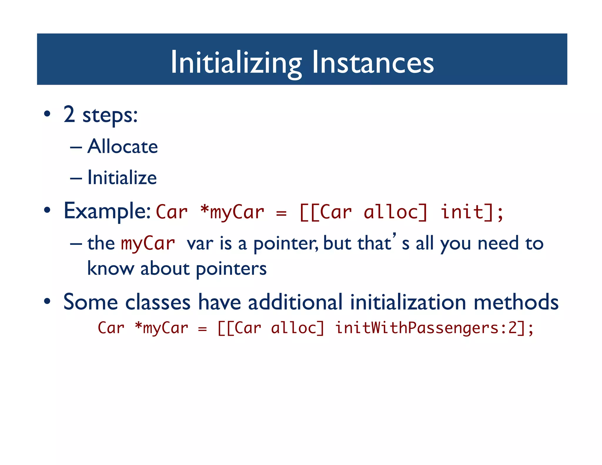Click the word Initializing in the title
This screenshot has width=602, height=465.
tap(236, 62)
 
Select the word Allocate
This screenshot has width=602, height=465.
tap(123, 146)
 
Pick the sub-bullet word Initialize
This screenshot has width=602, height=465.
tap(122, 178)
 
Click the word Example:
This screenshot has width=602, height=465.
tap(107, 211)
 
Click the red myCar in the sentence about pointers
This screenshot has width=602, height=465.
tap(148, 244)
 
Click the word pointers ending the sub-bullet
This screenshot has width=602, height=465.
tap(231, 268)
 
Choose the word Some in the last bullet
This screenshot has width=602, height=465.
tap(91, 302)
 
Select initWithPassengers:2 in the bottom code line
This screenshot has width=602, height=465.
tap(425, 328)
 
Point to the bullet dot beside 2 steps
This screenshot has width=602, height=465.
tap(47, 114)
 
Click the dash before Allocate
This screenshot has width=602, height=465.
tap(76, 147)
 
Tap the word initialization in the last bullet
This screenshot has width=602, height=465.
tap(408, 302)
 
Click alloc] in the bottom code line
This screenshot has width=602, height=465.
tap(297, 328)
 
